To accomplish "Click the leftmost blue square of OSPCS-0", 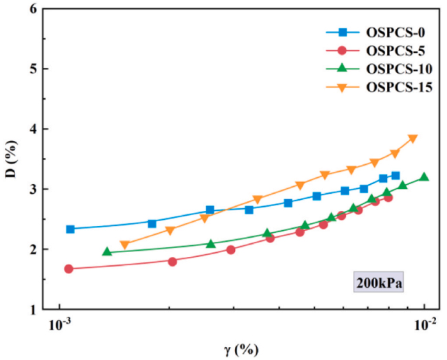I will pyautogui.click(x=70, y=229).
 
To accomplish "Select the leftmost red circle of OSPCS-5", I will pyautogui.click(x=69, y=269).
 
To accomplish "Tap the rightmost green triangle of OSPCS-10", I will pyautogui.click(x=424, y=177).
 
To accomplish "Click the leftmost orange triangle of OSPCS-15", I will pyautogui.click(x=124, y=245).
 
